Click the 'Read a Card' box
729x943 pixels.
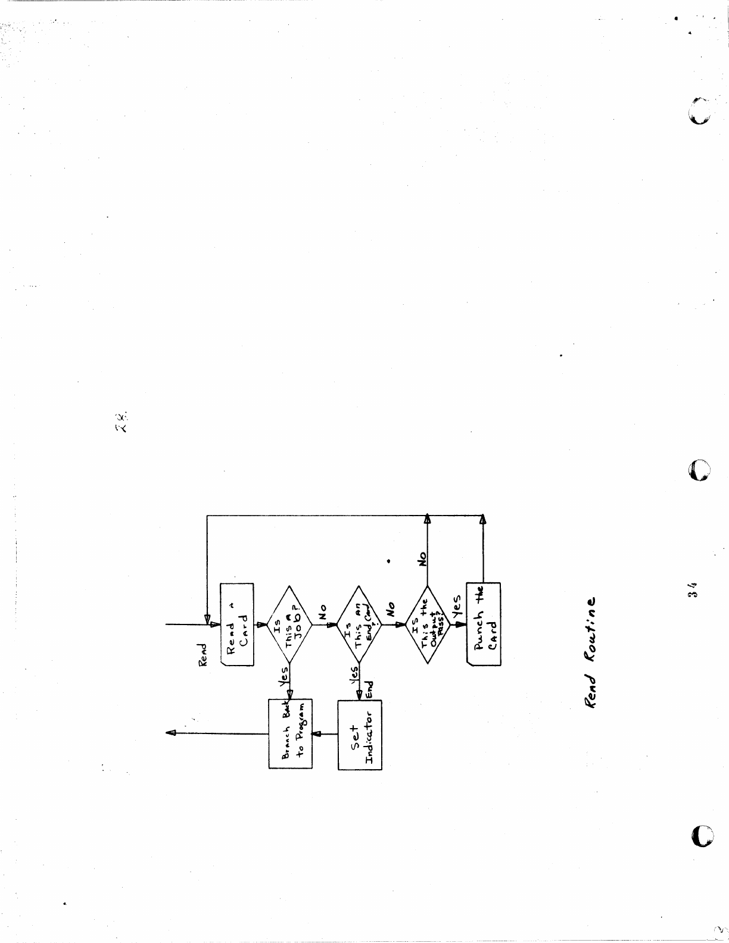237,624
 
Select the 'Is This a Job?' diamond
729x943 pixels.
289,624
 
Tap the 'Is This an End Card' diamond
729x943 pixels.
359,624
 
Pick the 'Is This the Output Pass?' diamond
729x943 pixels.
428,624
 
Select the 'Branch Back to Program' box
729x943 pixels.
289,733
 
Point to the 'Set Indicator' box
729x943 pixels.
360,735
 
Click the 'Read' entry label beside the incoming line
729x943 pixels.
203,654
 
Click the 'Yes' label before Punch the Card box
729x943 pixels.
457,605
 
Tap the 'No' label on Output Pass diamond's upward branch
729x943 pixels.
423,558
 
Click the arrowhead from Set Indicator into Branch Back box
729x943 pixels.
316,734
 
